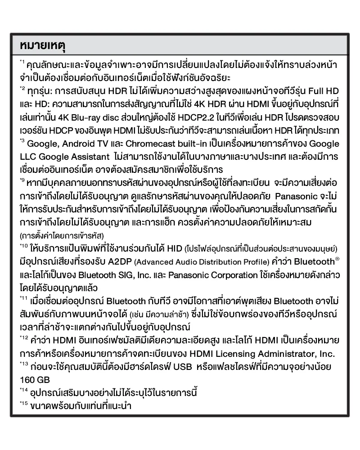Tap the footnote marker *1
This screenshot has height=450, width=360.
click(x=22, y=61)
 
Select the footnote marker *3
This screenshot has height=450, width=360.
click(x=22, y=141)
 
